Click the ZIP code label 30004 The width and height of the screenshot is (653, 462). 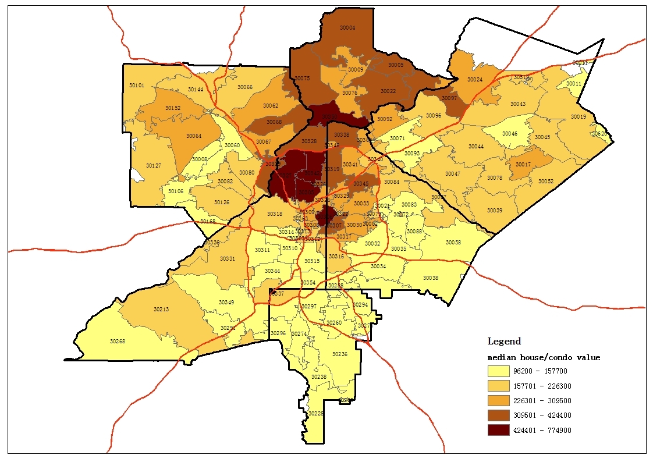(347, 28)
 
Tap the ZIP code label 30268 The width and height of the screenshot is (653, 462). (118, 342)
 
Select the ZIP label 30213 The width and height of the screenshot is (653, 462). (161, 309)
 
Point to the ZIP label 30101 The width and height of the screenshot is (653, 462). (137, 86)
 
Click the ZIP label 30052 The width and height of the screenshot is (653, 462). (545, 182)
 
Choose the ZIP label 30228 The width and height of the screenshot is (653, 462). (315, 413)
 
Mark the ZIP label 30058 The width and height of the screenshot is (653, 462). (453, 242)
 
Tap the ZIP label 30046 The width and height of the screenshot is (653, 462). (510, 134)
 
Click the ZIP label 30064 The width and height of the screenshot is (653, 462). (194, 136)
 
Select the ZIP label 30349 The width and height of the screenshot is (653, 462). (226, 303)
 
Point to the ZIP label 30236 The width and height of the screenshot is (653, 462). (340, 354)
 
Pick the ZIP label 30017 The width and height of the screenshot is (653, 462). (523, 165)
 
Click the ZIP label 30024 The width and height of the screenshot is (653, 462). (475, 80)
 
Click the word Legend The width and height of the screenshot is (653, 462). (504, 342)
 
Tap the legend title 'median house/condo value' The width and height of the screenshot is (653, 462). (544, 357)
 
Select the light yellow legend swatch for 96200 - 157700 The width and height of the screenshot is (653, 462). (499, 371)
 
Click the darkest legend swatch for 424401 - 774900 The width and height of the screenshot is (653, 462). (499, 430)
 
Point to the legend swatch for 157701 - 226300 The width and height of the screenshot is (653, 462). (499, 386)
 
